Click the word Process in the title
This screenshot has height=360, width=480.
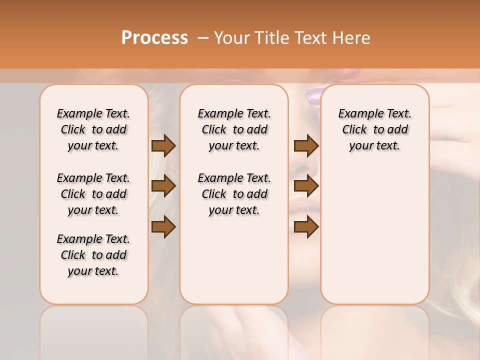click(154, 38)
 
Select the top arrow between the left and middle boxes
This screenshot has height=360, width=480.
click(163, 146)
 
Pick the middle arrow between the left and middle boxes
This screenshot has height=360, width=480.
click(163, 186)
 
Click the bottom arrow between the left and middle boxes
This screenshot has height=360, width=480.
click(163, 226)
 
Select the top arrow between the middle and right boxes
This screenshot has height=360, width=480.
click(306, 146)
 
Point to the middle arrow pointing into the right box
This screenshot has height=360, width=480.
click(306, 186)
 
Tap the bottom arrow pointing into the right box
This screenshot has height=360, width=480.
click(306, 226)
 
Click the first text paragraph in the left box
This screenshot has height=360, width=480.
click(93, 129)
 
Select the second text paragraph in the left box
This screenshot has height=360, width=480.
click(93, 194)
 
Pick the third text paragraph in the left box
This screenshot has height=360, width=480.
click(93, 255)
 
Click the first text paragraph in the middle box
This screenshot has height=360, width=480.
click(234, 129)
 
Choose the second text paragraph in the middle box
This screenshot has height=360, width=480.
click(234, 194)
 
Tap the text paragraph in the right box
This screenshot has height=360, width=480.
click(374, 129)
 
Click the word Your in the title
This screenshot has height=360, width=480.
click(227, 38)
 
